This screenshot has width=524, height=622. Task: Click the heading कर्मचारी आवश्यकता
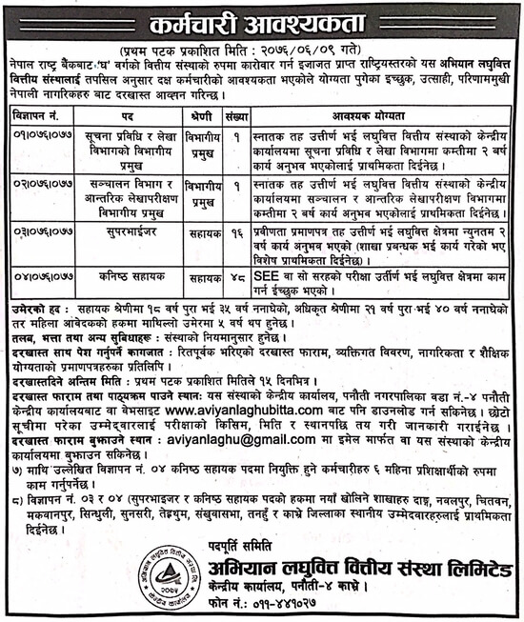click(x=261, y=20)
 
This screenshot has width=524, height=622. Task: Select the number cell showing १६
click(x=234, y=229)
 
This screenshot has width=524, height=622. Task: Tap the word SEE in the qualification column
click(x=264, y=269)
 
